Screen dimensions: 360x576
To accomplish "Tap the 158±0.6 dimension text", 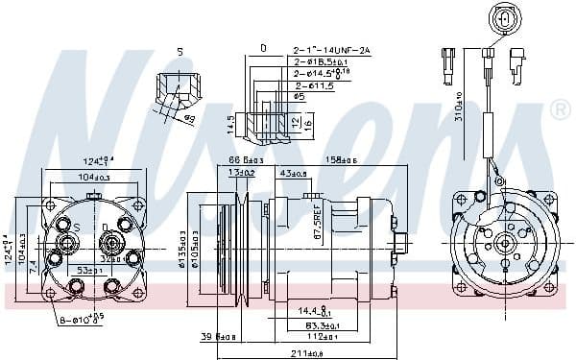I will (x=336, y=159).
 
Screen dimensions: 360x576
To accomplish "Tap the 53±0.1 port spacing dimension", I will (x=91, y=271).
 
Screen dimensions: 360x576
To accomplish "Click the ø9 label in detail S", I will (x=189, y=119).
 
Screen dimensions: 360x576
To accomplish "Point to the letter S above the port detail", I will (x=179, y=50).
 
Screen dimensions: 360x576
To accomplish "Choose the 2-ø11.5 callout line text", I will (x=314, y=84).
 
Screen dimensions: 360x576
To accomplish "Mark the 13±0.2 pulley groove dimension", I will (x=240, y=173).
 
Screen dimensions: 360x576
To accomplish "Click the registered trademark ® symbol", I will (x=561, y=111).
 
